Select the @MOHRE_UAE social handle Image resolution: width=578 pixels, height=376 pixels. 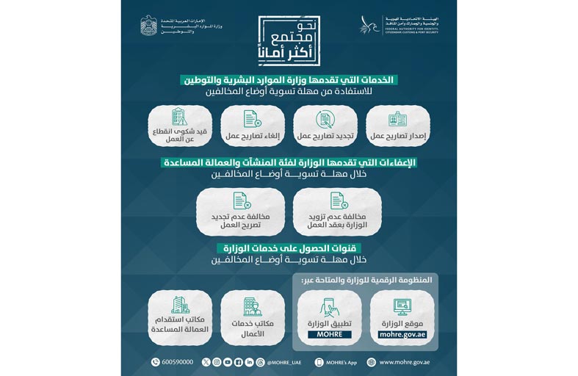282,361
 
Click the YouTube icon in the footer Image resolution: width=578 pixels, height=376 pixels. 228,361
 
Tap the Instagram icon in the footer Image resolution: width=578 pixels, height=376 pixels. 239,361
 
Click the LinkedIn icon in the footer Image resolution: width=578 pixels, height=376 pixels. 250,361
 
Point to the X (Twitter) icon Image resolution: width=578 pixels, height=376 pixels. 206,361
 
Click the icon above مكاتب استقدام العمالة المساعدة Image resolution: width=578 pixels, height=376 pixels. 179,305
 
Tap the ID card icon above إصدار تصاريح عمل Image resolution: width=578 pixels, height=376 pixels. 397,118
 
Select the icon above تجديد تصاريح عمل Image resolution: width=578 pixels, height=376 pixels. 324,118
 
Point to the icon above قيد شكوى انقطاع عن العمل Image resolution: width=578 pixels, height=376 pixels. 179,117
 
